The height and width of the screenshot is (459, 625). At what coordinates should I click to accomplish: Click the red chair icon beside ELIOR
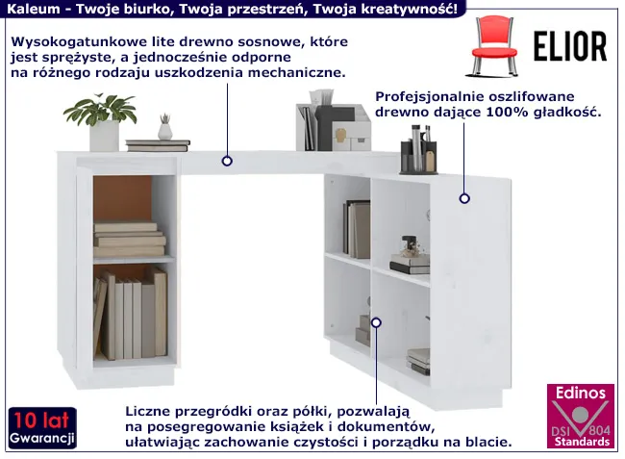pyautogui.click(x=494, y=46)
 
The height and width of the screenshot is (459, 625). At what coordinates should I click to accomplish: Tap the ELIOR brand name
pyautogui.click(x=570, y=46)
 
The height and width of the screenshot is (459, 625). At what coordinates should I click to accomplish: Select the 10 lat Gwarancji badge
pyautogui.click(x=42, y=428)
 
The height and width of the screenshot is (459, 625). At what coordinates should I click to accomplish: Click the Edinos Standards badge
pyautogui.click(x=581, y=416)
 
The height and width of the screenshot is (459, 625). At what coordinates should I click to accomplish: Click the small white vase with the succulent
pyautogui.click(x=164, y=127)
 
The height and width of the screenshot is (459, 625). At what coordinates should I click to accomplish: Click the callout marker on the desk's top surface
pyautogui.click(x=227, y=161)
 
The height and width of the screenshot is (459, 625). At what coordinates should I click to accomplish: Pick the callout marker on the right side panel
pyautogui.click(x=464, y=198)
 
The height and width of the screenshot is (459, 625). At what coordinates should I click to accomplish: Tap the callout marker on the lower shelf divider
pyautogui.click(x=376, y=322)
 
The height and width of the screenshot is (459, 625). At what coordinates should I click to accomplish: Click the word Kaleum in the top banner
pyautogui.click(x=33, y=9)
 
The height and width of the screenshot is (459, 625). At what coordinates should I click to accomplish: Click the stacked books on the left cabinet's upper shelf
pyautogui.click(x=130, y=240)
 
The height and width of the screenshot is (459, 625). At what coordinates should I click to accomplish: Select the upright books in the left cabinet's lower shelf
pyautogui.click(x=131, y=314)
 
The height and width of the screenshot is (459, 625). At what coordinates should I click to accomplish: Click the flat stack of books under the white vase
pyautogui.click(x=158, y=145)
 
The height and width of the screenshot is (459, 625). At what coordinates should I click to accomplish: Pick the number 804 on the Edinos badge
pyautogui.click(x=599, y=430)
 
